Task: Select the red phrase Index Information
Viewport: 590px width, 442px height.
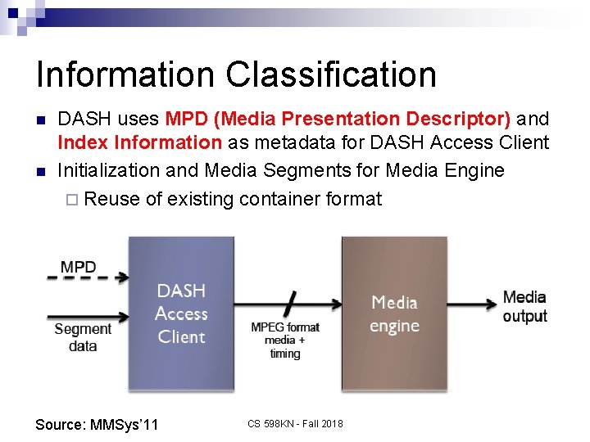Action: tap(139, 143)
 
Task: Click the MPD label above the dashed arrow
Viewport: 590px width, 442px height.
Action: tap(78, 267)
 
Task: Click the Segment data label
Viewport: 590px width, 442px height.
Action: tap(82, 337)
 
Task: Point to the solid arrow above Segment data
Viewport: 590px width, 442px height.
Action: tap(88, 317)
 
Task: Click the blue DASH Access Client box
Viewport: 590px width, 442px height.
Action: tap(181, 313)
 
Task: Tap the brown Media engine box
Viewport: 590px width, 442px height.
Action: tap(394, 313)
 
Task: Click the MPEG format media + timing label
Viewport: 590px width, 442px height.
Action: tap(285, 340)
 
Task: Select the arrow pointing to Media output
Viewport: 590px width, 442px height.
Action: tap(472, 304)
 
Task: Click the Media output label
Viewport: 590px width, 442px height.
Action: tap(524, 306)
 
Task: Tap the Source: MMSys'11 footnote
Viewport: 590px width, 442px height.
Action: tap(97, 424)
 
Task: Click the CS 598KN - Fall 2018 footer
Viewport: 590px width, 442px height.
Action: tap(295, 423)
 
